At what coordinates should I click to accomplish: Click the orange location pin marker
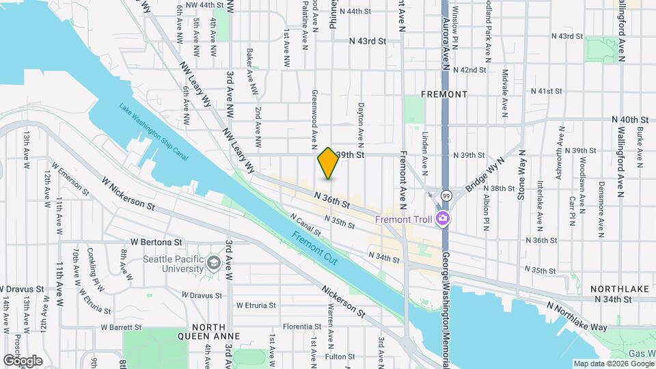click(x=328, y=163)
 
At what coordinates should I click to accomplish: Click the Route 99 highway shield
click(x=444, y=195)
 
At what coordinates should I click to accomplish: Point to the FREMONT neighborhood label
click(x=444, y=94)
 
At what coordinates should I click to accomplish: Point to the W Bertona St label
click(x=156, y=242)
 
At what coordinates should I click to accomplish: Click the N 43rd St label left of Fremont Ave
click(x=367, y=41)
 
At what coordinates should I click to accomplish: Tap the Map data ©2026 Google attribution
click(x=613, y=364)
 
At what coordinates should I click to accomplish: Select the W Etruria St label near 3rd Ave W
click(x=254, y=305)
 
